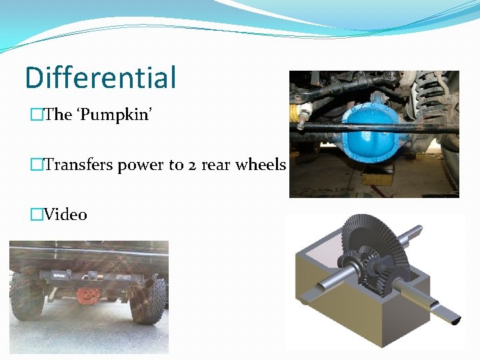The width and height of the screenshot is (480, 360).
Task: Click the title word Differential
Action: [101, 77]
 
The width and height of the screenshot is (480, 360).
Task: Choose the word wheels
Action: [261, 165]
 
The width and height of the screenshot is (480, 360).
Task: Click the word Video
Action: [65, 215]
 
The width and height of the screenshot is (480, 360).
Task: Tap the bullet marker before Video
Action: [37, 215]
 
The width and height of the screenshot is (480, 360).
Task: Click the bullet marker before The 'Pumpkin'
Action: [37, 115]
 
